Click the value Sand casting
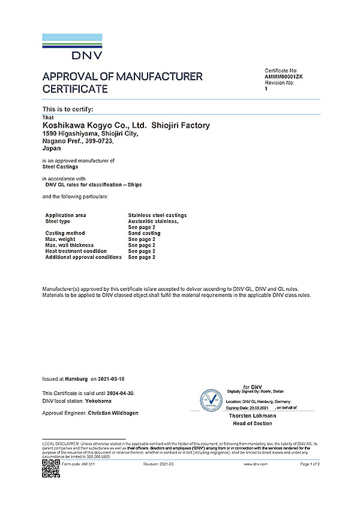pyautogui.click(x=145, y=233)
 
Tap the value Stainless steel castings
pyautogui.click(x=157, y=215)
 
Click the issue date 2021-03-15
pyautogui.click(x=116, y=380)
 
